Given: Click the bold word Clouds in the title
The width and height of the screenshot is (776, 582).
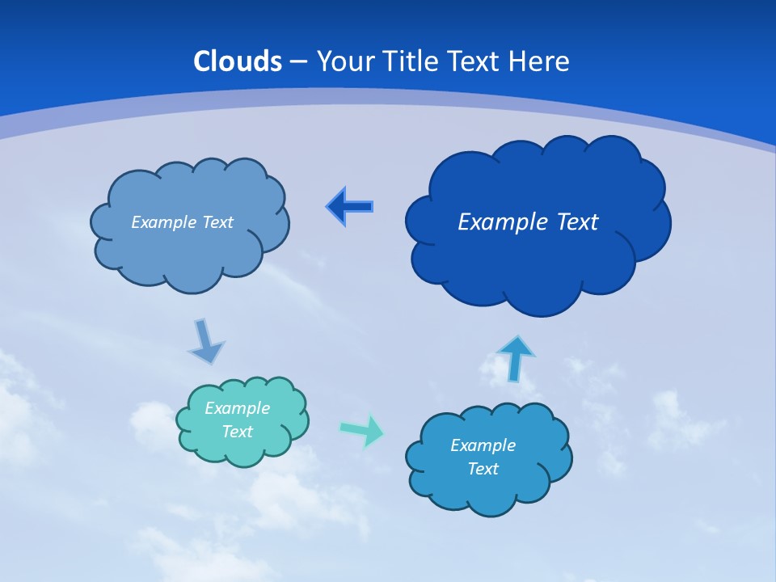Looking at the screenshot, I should (238, 61).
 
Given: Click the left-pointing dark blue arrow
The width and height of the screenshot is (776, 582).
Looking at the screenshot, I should (349, 207).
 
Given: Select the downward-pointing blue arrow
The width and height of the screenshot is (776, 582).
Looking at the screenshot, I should (205, 342).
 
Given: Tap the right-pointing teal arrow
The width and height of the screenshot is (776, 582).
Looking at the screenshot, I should (362, 430).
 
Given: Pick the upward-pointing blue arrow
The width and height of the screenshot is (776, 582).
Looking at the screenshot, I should (516, 358).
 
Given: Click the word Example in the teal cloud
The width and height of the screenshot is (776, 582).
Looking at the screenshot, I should (237, 408).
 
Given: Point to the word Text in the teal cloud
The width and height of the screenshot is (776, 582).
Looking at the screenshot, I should (237, 432).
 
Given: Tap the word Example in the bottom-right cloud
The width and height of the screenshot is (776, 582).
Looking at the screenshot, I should (483, 445).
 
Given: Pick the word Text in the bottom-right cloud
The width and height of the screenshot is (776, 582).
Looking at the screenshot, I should (483, 469).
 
